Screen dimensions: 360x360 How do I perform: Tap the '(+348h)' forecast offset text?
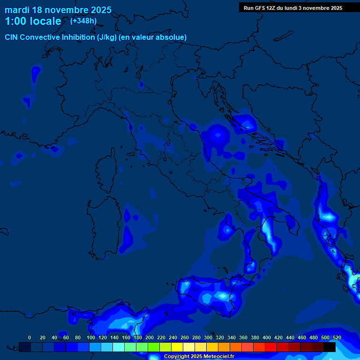pyautogui.click(x=83, y=21)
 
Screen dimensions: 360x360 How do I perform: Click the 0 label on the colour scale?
pyautogui.click(x=30, y=337)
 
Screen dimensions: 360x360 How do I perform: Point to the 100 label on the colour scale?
pyautogui.click(x=91, y=337)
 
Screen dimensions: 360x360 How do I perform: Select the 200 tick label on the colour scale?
pyautogui.click(x=150, y=337)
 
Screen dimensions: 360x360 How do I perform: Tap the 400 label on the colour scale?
pyautogui.click(x=267, y=337)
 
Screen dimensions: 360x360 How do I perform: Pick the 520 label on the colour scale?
pyautogui.click(x=337, y=337)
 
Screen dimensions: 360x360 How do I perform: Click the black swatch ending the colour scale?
pyautogui.click(x=330, y=347)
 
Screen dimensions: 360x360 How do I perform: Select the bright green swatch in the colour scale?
pyautogui.click(x=154, y=347)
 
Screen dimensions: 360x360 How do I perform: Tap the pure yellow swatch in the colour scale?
pyautogui.click(x=177, y=347)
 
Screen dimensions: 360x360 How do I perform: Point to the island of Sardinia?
pyautogui.click(x=102, y=220)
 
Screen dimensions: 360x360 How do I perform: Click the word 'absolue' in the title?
pyautogui.click(x=173, y=37)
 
